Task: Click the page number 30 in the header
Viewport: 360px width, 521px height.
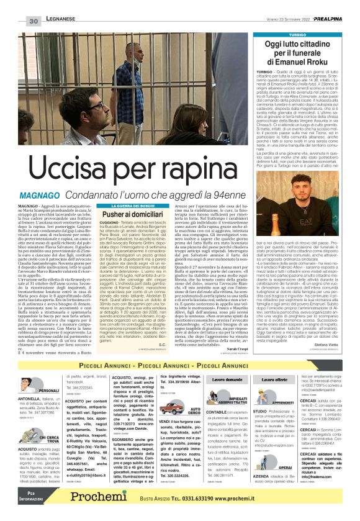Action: tap(34, 22)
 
